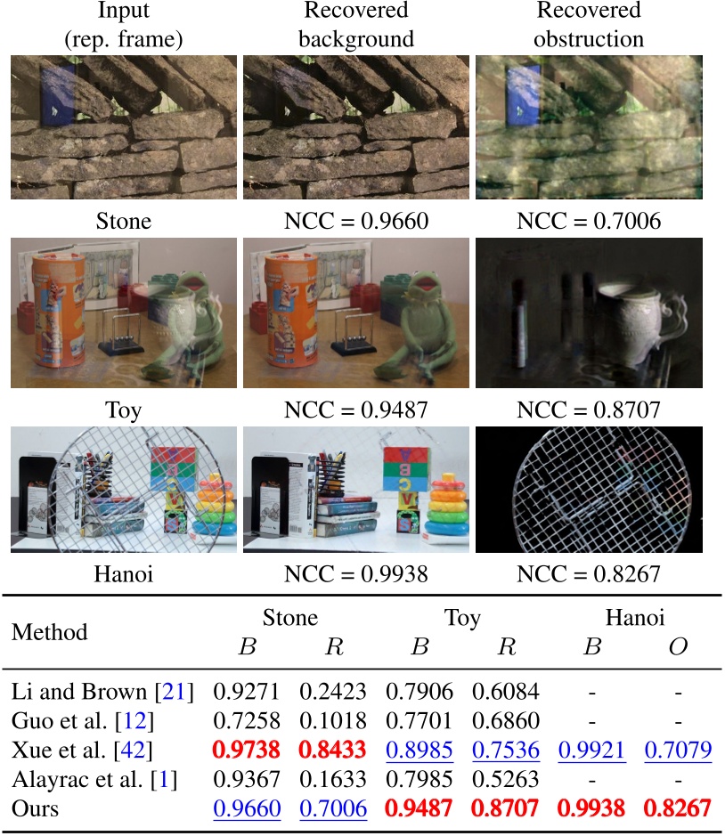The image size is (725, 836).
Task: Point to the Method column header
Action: coord(49,632)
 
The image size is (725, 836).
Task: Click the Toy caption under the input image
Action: coord(123,412)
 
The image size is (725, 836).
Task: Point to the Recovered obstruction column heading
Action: coord(588,25)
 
